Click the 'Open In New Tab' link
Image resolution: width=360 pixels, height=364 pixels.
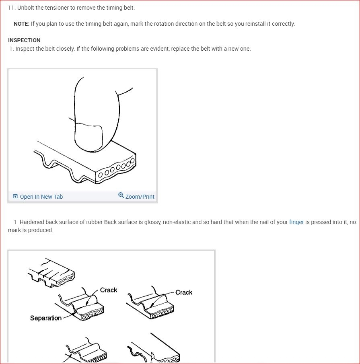tap(41, 197)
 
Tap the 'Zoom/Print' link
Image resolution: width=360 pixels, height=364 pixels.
tap(140, 197)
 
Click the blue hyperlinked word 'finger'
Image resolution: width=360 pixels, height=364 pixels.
tap(296, 222)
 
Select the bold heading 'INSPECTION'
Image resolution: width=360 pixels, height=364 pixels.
tap(24, 40)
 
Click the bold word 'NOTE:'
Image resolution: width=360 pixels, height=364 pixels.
tap(22, 24)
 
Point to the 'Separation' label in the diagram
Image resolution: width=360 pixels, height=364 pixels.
tap(46, 318)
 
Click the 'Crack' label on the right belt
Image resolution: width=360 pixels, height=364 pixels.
tap(184, 292)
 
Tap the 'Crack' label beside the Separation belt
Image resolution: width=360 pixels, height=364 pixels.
tap(109, 290)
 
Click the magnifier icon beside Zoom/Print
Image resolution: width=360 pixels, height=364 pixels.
tap(121, 195)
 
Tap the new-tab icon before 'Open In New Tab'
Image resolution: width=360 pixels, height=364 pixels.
tap(15, 196)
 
